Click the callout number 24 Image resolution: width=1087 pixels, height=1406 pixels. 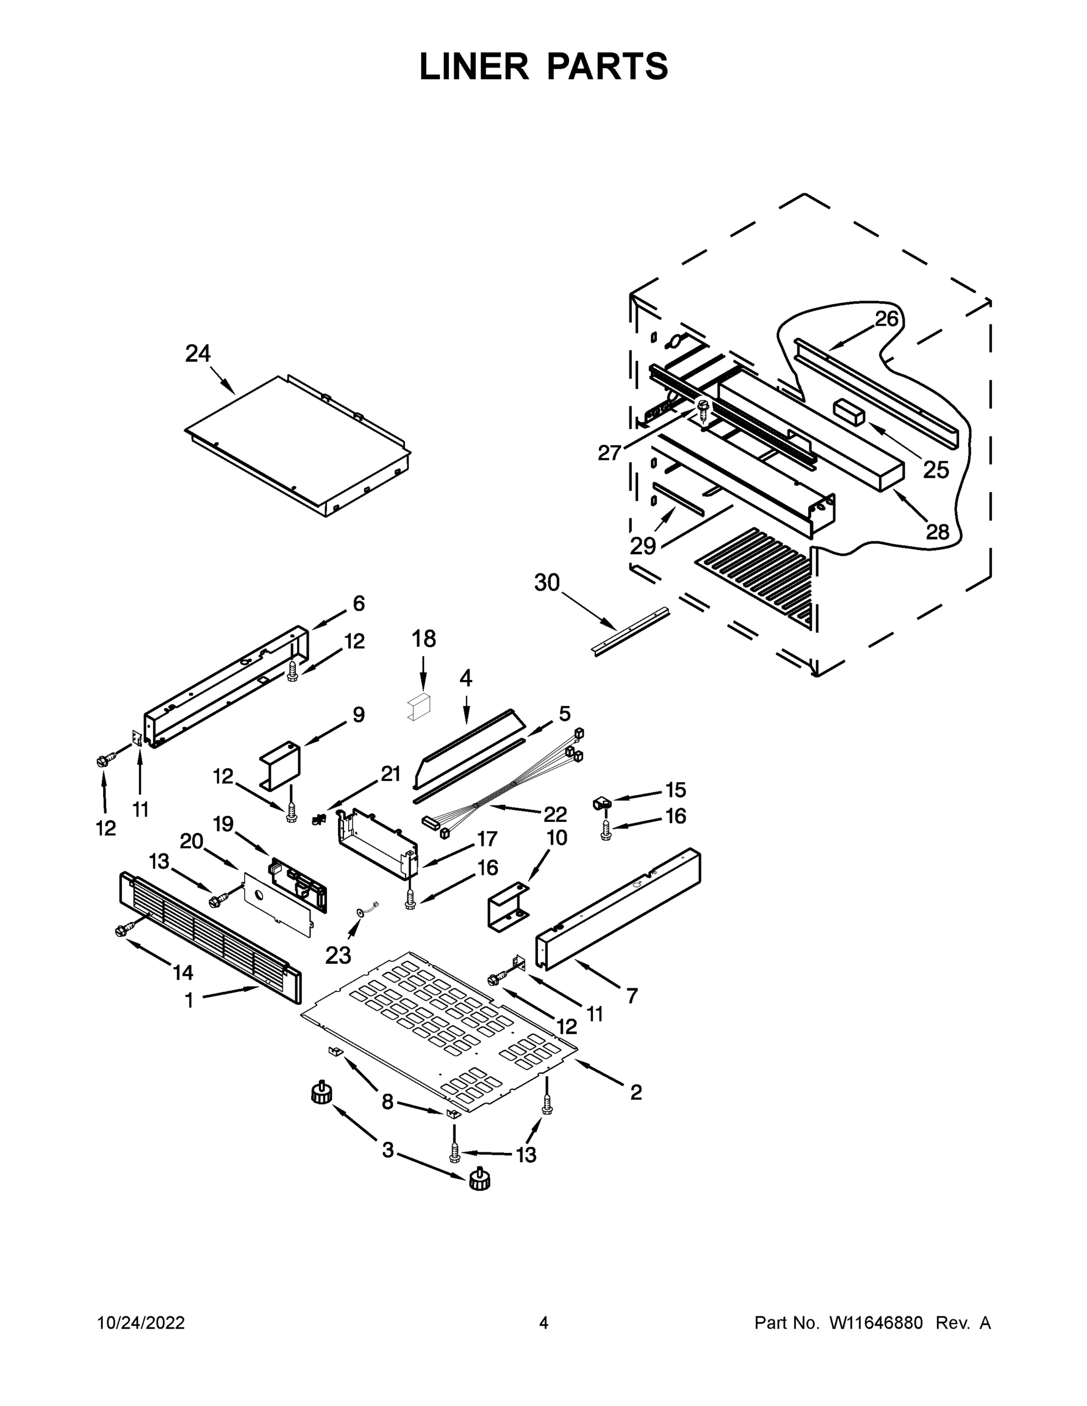197,353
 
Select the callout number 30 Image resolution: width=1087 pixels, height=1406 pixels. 547,583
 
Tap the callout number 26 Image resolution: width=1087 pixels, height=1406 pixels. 886,319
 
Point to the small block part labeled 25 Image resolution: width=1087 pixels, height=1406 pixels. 848,410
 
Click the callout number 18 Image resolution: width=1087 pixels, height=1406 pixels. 424,639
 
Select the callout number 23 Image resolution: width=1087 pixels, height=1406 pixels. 338,956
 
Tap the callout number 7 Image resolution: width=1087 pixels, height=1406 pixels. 632,996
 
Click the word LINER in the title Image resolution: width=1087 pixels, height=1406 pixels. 474,67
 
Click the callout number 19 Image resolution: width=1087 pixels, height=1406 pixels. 223,824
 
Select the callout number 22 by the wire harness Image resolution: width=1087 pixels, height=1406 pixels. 555,814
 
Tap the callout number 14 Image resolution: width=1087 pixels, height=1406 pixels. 183,972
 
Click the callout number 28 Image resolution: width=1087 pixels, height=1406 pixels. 938,532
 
